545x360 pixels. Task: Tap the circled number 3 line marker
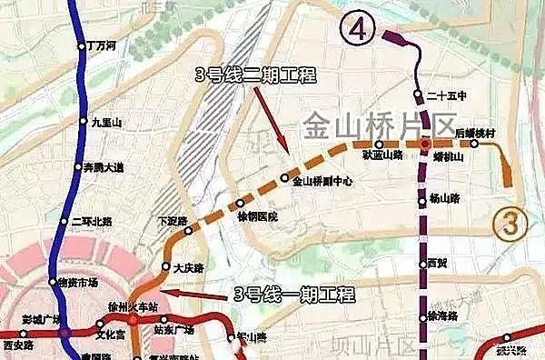pyautogui.click(x=511, y=222)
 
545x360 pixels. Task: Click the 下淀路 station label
pyautogui.click(x=171, y=220)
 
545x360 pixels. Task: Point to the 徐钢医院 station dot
pyautogui.click(x=240, y=204)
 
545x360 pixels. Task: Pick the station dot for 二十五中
pyautogui.click(x=418, y=95)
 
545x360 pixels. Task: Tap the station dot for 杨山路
pyautogui.click(x=422, y=200)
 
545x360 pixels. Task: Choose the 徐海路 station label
pyautogui.click(x=443, y=315)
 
